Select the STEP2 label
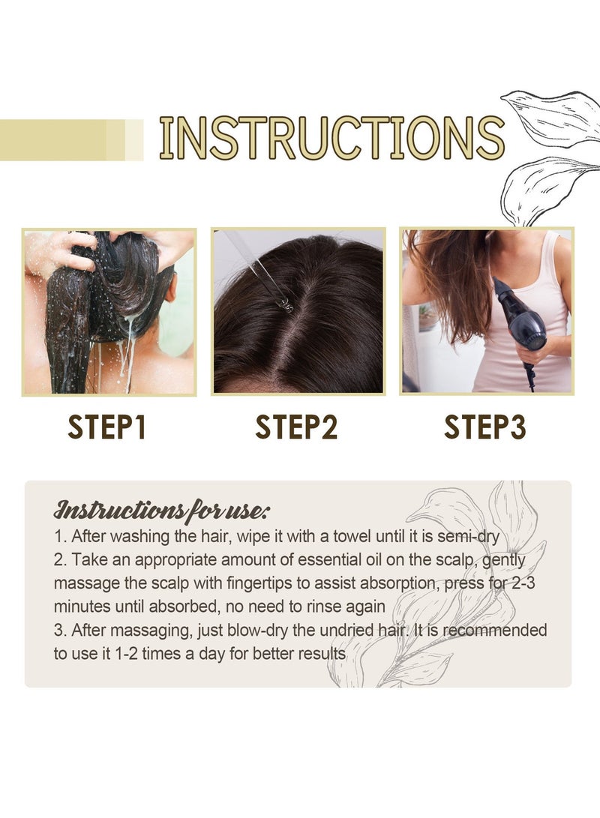point(296,427)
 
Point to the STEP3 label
point(485,427)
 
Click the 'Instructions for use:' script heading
point(160,511)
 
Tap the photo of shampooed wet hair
point(109,312)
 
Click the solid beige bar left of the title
point(52,139)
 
